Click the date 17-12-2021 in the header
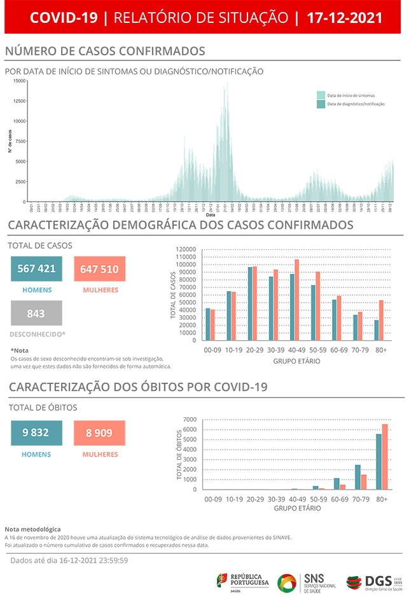pos(344,18)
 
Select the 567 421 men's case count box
pos(36,269)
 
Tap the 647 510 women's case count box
pos(99,269)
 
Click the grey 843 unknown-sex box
pos(36,313)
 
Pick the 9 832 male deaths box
pos(36,433)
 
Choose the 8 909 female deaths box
pos(99,433)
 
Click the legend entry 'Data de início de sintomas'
pos(350,95)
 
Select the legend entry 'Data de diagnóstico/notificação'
pos(355,104)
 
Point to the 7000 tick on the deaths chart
pos(189,420)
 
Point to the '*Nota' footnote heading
pos(20,350)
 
